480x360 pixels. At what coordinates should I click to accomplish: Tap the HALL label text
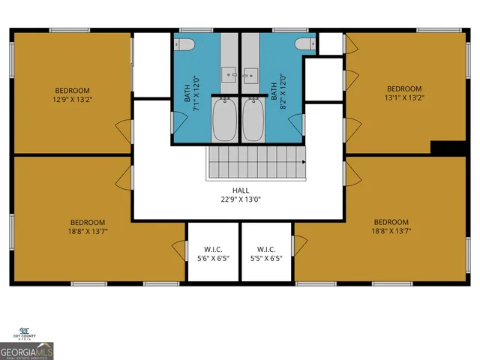click(240, 190)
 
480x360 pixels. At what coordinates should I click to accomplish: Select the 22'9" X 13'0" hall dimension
click(240, 200)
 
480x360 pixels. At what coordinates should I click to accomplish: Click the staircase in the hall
click(257, 162)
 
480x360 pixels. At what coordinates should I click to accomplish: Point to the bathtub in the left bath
click(224, 121)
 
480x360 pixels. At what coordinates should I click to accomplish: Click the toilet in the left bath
click(186, 45)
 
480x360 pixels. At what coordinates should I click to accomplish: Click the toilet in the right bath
click(303, 45)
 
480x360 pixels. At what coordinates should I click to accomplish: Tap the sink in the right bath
click(251, 74)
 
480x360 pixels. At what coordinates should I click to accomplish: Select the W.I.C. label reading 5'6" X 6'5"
click(213, 254)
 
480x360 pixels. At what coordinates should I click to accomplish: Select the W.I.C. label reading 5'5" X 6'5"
click(266, 254)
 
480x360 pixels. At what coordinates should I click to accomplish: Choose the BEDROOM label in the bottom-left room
click(88, 222)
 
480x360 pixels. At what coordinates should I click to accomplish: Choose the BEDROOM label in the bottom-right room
click(391, 222)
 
